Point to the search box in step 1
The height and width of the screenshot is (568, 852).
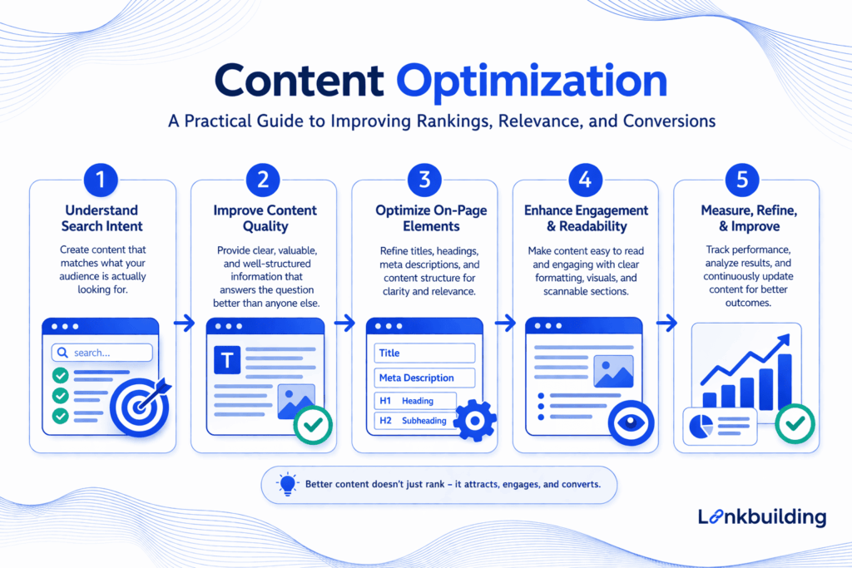pyautogui.click(x=102, y=353)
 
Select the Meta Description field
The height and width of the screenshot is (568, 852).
pyautogui.click(x=424, y=378)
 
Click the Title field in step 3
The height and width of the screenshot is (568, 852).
pyautogui.click(x=424, y=353)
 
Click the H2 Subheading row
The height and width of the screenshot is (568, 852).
pyautogui.click(x=415, y=421)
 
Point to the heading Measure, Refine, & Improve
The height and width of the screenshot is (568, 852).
pyautogui.click(x=748, y=218)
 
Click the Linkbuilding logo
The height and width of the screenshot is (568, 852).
pyautogui.click(x=761, y=516)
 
